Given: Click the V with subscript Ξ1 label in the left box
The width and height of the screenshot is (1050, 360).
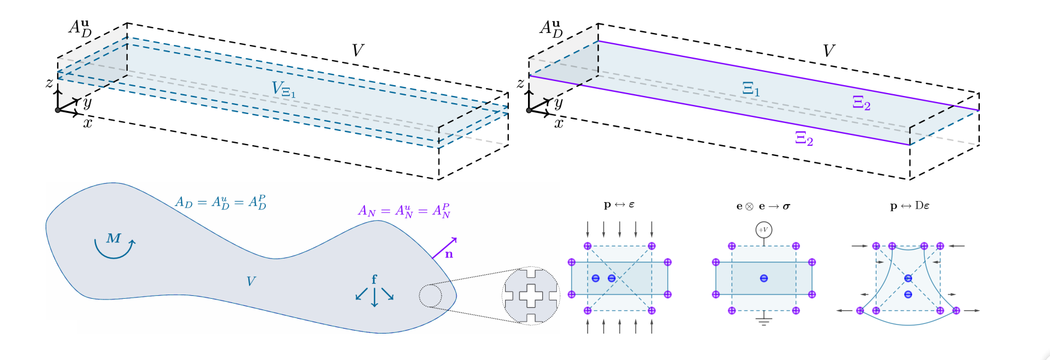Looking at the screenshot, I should coord(283,90).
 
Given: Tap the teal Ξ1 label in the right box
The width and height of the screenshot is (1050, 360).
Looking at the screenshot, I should coord(751,89).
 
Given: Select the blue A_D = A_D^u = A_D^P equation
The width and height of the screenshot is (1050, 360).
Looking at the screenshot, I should coord(220,202).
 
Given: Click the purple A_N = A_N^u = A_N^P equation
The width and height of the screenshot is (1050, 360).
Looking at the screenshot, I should coord(404,211).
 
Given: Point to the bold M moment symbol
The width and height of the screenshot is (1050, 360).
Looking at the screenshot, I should coord(113,238).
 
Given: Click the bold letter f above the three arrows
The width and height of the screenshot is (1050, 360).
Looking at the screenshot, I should coord(374,280).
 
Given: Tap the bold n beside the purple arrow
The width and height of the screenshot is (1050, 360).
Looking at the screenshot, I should coord(449,254).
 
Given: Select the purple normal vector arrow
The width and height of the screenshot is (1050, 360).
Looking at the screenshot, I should coord(444,248).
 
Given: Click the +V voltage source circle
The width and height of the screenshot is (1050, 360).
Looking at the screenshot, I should coord(763,230).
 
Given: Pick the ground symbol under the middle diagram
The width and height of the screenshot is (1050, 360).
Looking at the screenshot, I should coord(763,319).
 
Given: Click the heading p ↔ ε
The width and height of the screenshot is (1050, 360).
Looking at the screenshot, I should coord(619,205).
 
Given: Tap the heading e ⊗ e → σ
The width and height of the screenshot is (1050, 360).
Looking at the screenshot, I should coord(763,206).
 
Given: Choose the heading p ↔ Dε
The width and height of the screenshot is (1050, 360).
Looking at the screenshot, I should coord(910,206).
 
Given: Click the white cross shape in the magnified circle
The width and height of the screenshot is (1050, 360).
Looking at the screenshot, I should coord(531,295).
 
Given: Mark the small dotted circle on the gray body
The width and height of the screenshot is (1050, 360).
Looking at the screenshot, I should coord(430,296).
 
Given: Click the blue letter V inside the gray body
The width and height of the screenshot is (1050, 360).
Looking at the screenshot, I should coord(251,281).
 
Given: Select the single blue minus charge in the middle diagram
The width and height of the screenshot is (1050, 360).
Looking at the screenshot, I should coord(763,278).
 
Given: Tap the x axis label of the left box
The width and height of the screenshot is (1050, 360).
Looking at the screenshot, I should coord(88,124).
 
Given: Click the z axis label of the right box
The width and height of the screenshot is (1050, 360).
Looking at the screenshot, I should coord(520,83).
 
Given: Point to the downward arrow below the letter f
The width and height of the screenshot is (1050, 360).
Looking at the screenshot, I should coord(374,298).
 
